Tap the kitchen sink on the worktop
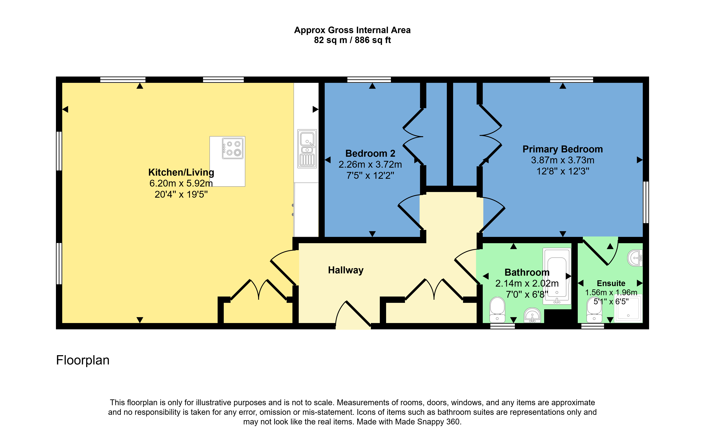(x=307, y=149)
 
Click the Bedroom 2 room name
(x=370, y=153)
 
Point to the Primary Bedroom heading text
(x=563, y=149)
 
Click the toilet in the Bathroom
(x=497, y=309)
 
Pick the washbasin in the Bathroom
(x=532, y=315)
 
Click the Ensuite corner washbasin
(x=635, y=258)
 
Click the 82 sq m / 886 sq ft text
(x=352, y=40)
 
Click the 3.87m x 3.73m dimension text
(x=563, y=160)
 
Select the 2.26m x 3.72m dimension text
(x=370, y=165)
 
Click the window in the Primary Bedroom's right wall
(x=646, y=202)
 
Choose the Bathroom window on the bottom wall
(x=503, y=326)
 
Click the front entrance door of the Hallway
(x=353, y=315)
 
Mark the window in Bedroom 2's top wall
(x=369, y=80)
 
